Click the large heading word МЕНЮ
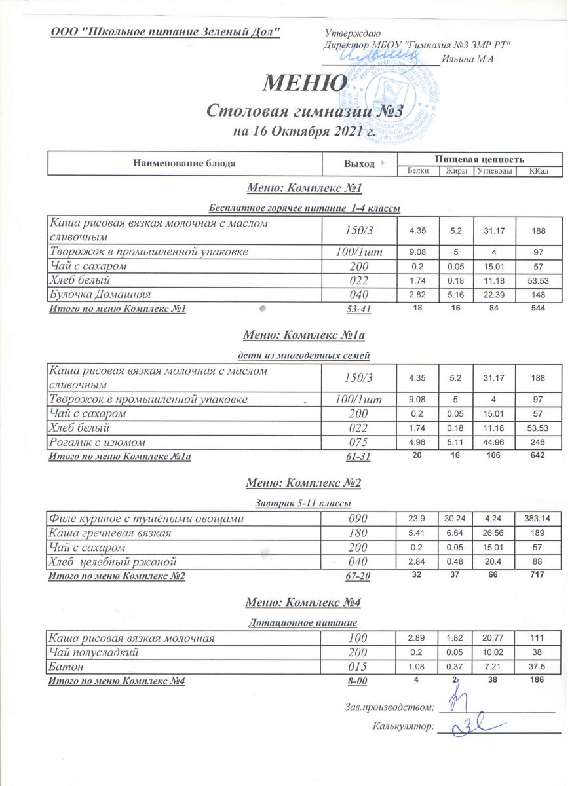tap(305, 83)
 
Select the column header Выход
tap(359, 163)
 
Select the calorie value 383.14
tap(539, 519)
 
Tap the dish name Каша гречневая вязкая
tap(111, 533)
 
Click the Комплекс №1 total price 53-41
tap(358, 309)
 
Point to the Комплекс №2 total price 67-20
tap(358, 576)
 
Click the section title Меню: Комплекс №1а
tap(304, 336)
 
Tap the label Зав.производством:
tap(389, 707)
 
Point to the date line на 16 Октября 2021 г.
tap(304, 130)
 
